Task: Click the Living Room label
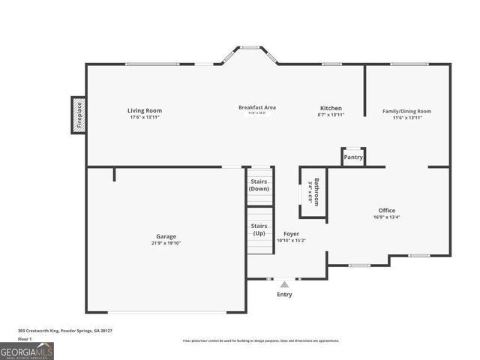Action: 145,111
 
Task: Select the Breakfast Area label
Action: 257,107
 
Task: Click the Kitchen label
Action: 331,108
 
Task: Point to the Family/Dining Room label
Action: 407,111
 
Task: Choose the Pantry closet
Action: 353,157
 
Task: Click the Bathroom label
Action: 316,192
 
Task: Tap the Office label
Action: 386,210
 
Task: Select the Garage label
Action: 166,236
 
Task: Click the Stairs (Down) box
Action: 259,184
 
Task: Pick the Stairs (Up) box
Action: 259,229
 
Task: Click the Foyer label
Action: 292,234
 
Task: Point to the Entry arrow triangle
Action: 284,284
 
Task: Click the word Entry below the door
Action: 284,294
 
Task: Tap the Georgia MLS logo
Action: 27,350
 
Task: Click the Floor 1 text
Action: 25,339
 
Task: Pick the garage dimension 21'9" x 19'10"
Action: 166,243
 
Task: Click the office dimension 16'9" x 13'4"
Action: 386,217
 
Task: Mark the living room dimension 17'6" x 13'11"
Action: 145,117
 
